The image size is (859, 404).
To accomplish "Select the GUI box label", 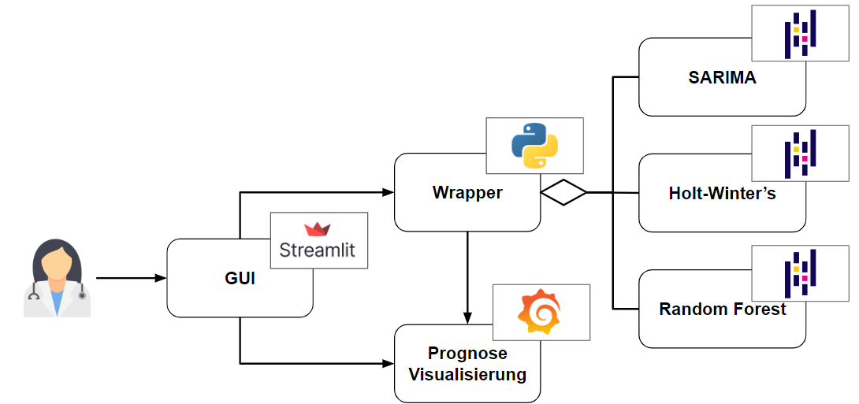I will point(240,278).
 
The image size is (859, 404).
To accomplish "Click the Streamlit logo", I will point(318,240).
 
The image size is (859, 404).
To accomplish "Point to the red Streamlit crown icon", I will point(318,229).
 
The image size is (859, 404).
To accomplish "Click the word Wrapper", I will point(467,192).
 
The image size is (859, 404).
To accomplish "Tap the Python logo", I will point(534,146).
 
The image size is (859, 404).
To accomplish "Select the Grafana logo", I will point(541,312).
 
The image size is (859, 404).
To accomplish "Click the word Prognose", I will point(467,354).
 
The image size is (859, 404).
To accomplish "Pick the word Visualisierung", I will point(467,374).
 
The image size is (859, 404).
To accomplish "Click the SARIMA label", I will point(722,77).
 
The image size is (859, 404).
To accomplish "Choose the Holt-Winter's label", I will point(722,193).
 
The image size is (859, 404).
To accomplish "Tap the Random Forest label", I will point(722,309).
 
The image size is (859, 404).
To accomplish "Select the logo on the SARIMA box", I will point(800,34).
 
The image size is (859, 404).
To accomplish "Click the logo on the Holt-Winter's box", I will point(800,153).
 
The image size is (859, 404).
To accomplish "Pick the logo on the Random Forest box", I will point(800,272).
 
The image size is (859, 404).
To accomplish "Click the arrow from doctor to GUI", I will point(130,278).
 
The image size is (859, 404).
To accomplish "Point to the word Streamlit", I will point(318,250).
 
